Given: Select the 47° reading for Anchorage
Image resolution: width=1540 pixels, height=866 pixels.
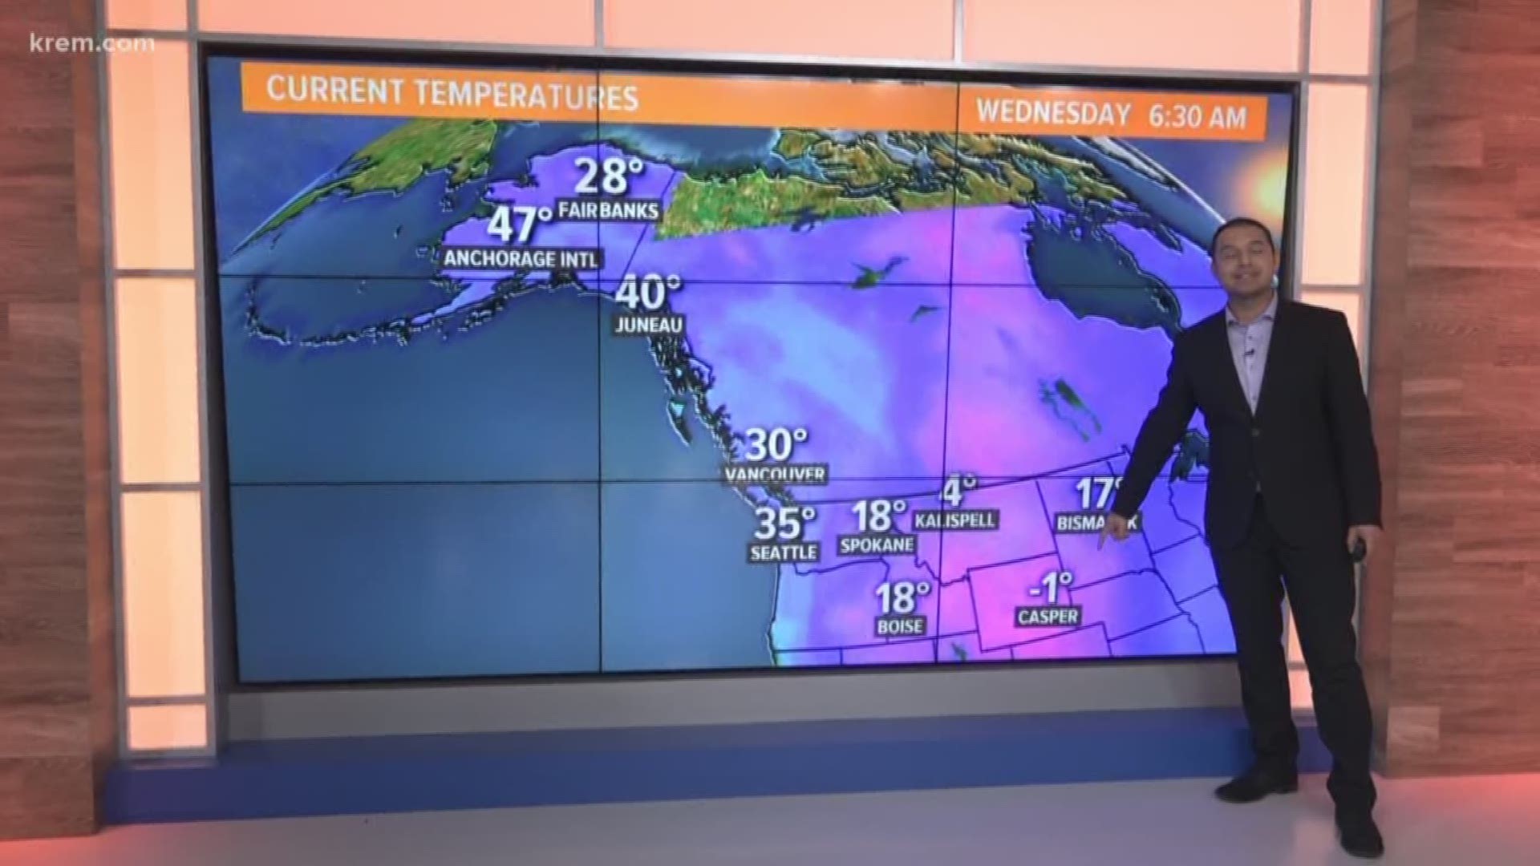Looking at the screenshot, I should click(x=521, y=225).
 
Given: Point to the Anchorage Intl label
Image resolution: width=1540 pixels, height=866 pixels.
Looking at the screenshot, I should click(x=522, y=259).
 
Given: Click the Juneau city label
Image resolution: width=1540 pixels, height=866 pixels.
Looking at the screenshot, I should click(x=650, y=325).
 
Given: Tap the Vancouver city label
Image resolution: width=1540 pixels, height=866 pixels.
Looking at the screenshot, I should click(x=775, y=475).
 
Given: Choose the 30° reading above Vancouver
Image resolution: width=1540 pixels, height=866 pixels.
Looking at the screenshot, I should click(x=776, y=444).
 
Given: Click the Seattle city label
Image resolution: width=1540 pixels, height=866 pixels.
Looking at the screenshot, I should click(x=784, y=552).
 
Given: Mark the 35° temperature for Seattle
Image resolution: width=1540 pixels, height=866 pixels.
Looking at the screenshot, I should click(x=784, y=523).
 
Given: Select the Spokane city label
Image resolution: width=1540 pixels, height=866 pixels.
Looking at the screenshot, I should click(x=877, y=545).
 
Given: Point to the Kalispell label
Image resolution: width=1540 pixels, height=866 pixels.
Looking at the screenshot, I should click(x=955, y=520).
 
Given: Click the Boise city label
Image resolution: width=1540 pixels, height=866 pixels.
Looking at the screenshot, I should click(x=900, y=627).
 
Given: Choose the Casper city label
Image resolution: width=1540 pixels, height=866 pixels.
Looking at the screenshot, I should click(x=1048, y=617).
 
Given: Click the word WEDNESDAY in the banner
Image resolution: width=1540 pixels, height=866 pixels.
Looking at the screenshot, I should click(x=1053, y=113).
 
